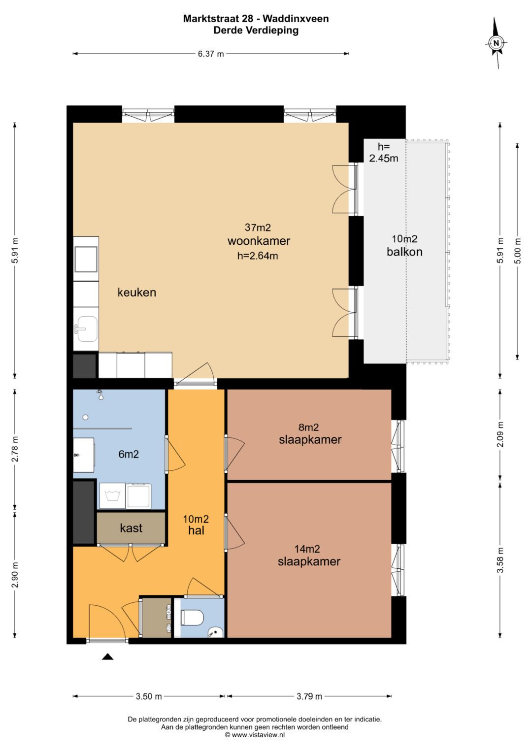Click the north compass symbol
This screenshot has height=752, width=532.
pyautogui.click(x=496, y=43)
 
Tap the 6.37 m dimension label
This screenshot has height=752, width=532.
pyautogui.click(x=211, y=54)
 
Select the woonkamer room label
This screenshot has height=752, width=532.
pyautogui.click(x=259, y=241)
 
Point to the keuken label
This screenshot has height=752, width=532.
pyautogui.click(x=137, y=293)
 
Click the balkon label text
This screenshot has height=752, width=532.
pyautogui.click(x=404, y=252)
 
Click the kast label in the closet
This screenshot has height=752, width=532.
pyautogui.click(x=131, y=528)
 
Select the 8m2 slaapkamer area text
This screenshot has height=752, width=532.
pyautogui.click(x=309, y=427)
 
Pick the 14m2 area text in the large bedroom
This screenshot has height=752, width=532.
pyautogui.click(x=307, y=549)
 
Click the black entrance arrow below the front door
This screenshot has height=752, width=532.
pyautogui.click(x=107, y=657)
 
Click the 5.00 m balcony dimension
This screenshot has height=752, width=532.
pyautogui.click(x=518, y=251)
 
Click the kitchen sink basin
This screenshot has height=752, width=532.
pyautogui.click(x=86, y=329)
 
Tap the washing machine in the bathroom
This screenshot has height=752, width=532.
pyautogui.click(x=112, y=496)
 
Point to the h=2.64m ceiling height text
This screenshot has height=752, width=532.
pyautogui.click(x=258, y=256)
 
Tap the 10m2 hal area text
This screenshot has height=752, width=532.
pyautogui.click(x=196, y=524)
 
